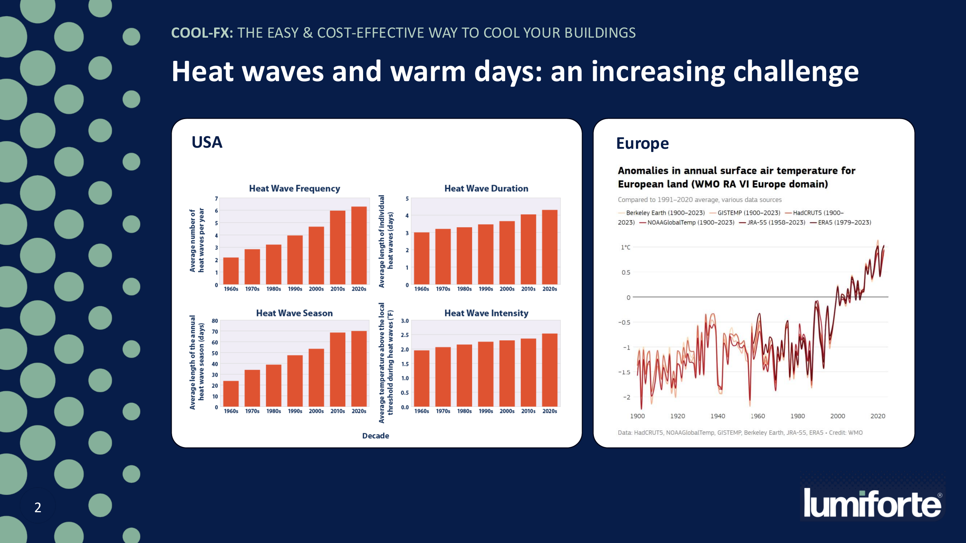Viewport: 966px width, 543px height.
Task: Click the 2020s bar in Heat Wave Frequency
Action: pyautogui.click(x=359, y=245)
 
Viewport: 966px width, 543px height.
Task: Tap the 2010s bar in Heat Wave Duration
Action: pyautogui.click(x=528, y=249)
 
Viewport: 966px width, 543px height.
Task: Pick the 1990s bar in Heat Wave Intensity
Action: pyautogui.click(x=486, y=374)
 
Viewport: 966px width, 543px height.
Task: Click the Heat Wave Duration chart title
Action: pyautogui.click(x=486, y=189)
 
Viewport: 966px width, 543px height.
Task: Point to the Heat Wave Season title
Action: pyautogui.click(x=294, y=313)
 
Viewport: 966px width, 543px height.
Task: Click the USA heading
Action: pyautogui.click(x=207, y=142)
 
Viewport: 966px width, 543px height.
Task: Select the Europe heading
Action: pyautogui.click(x=642, y=143)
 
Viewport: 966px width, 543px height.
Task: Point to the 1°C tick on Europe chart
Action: pyautogui.click(x=625, y=247)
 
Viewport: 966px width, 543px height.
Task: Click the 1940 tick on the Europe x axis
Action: pyautogui.click(x=717, y=416)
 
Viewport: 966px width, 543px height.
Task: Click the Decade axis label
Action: pyautogui.click(x=375, y=436)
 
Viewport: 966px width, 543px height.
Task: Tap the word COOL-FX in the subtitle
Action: pyautogui.click(x=202, y=33)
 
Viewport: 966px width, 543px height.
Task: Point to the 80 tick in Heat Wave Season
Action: pyautogui.click(x=215, y=321)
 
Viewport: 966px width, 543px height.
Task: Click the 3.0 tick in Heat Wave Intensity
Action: pyautogui.click(x=405, y=321)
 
